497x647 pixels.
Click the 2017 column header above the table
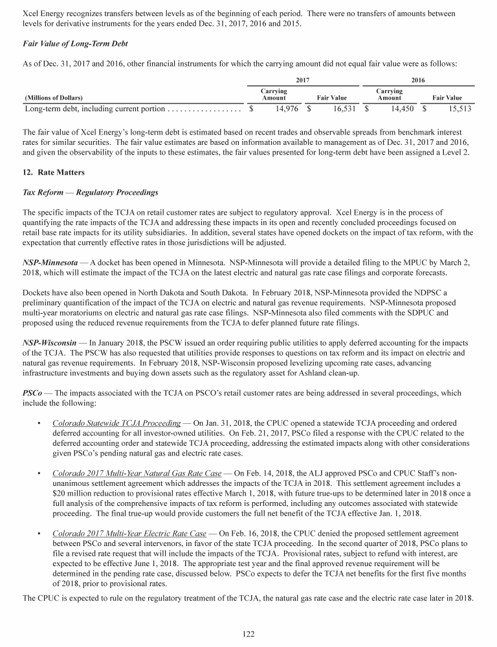coord(304,80)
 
